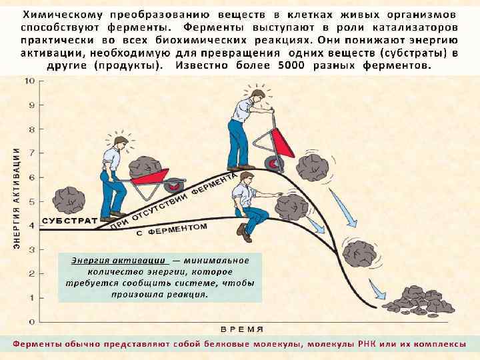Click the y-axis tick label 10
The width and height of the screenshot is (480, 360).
[30, 81]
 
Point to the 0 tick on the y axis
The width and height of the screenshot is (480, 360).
[31, 322]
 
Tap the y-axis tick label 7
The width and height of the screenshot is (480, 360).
[31, 153]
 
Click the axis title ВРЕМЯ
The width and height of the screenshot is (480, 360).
[242, 329]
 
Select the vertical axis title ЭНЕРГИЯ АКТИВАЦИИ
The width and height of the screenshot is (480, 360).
[16, 200]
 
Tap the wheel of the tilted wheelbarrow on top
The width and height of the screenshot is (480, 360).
[272, 163]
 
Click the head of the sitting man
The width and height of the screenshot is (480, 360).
[247, 179]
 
